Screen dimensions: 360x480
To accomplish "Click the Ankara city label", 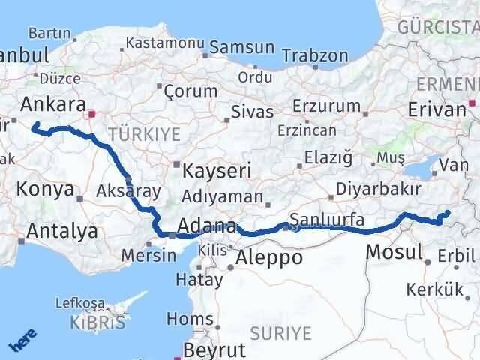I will click(54, 103).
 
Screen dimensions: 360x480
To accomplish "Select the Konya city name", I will click(45, 189).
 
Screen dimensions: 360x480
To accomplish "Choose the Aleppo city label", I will click(269, 258).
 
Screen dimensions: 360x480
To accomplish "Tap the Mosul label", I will click(394, 251).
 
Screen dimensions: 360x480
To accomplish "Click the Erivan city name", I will click(437, 109).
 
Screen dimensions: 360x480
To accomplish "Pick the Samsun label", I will click(242, 47).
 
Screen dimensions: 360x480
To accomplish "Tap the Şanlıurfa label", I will click(327, 220).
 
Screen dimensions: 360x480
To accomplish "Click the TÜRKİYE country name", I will click(144, 134).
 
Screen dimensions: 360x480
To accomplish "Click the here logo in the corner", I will click(22, 341).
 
